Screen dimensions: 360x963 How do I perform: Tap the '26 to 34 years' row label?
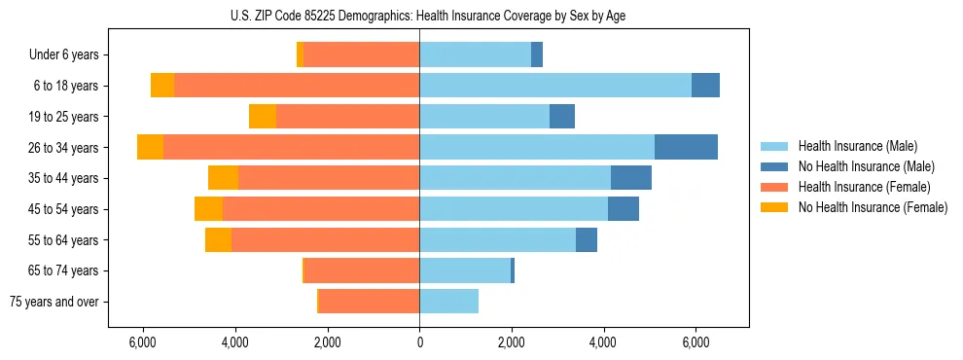(65, 148)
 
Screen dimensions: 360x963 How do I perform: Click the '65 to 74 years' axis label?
(65, 270)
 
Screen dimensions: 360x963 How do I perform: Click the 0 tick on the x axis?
(419, 342)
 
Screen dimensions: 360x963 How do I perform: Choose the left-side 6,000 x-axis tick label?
(143, 342)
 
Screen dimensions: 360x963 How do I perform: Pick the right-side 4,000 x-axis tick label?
(603, 342)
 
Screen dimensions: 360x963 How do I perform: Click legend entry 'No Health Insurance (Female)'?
(873, 207)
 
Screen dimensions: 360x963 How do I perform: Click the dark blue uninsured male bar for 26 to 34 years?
(686, 147)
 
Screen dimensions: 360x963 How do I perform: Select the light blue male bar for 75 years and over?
(448, 302)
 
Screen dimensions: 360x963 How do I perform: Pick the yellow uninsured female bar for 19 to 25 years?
(263, 117)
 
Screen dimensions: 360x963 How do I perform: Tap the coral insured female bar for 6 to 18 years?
(297, 86)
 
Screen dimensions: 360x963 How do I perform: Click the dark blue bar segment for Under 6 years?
(537, 55)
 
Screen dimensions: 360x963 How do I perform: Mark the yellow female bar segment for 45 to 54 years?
(208, 209)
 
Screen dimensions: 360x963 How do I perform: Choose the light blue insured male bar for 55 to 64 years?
(497, 239)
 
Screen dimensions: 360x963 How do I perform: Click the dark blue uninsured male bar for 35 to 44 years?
(631, 178)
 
